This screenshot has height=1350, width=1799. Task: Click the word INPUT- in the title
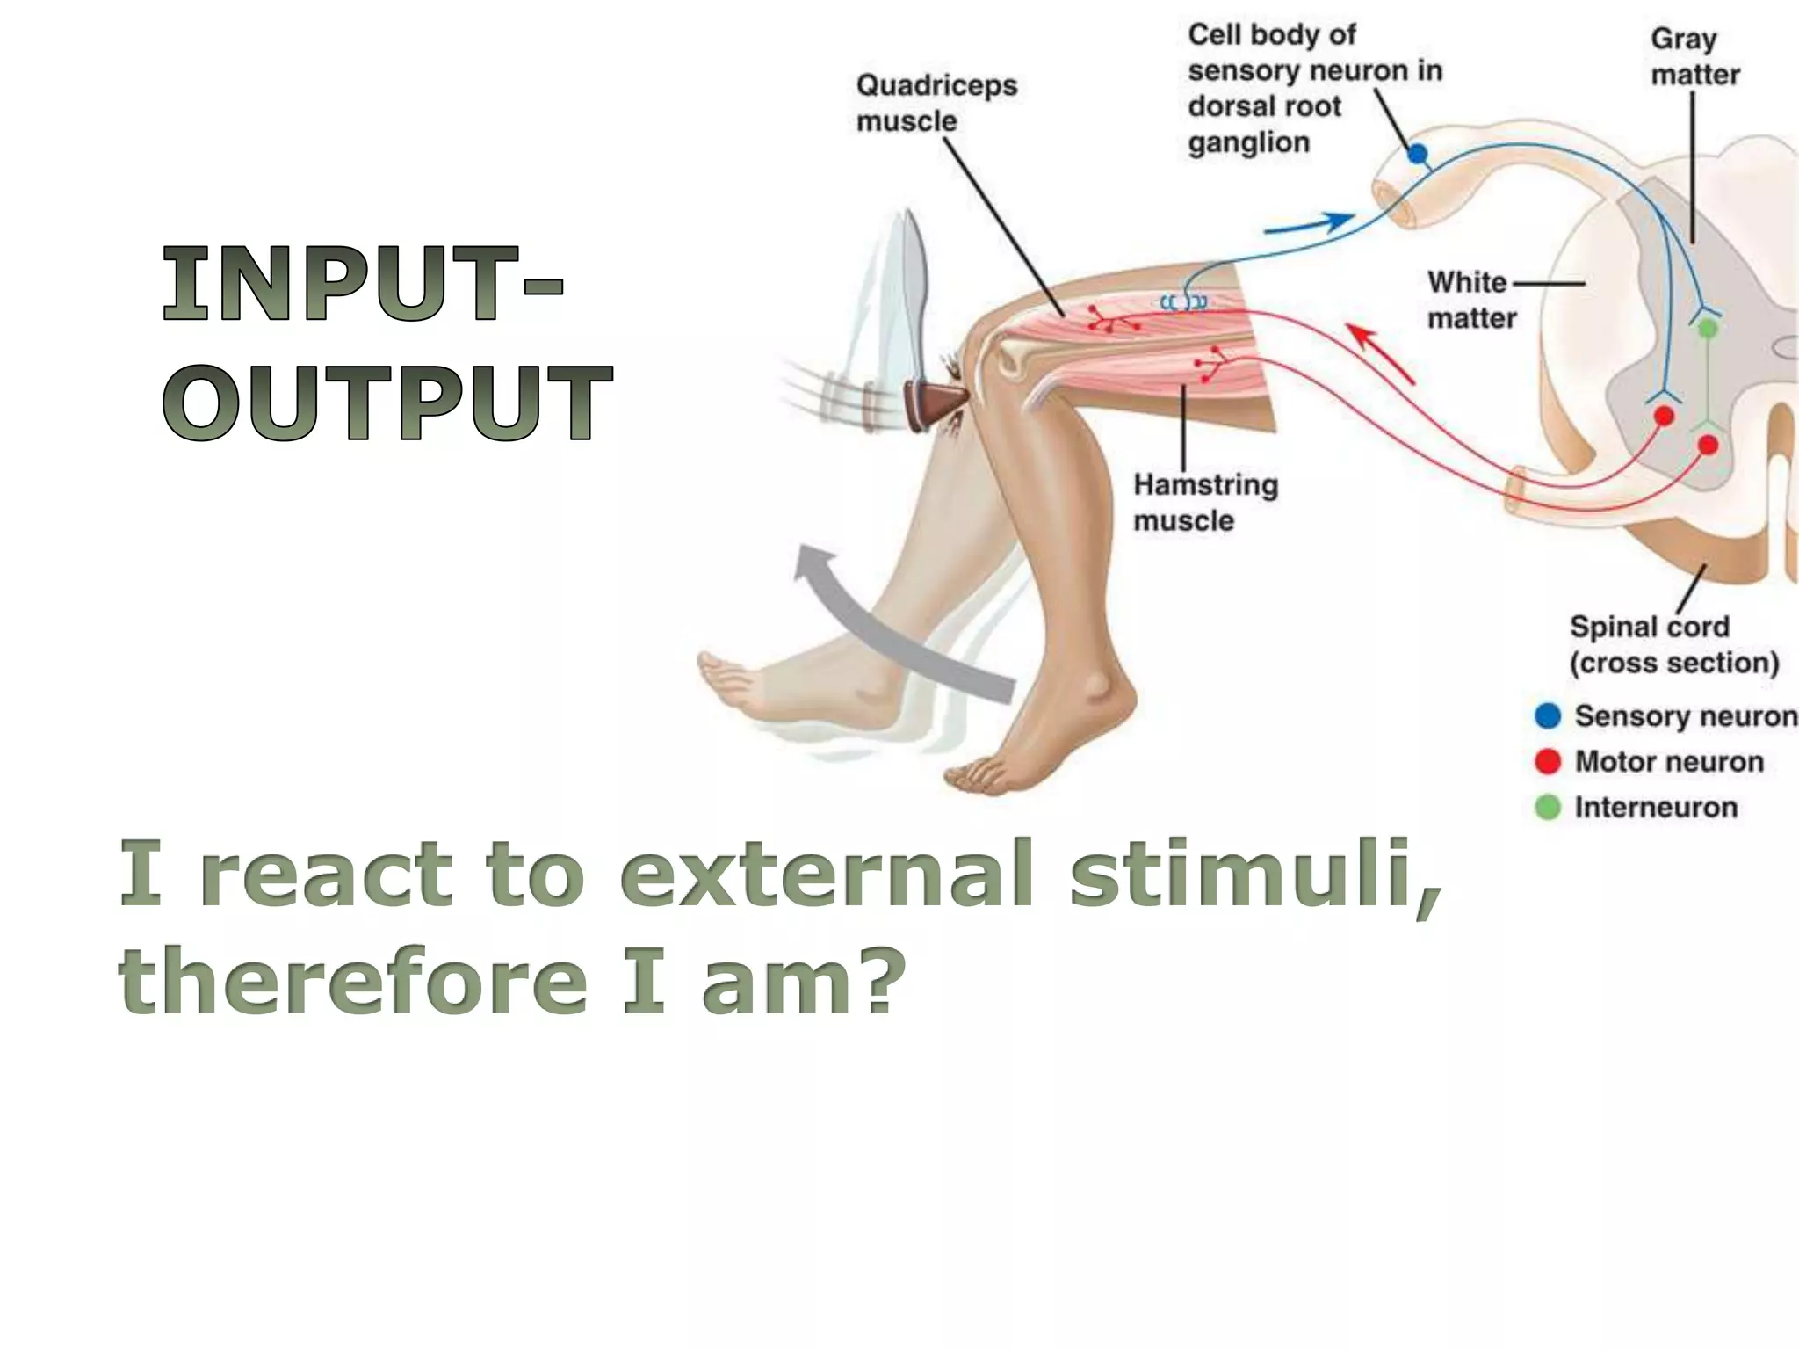pos(362,284)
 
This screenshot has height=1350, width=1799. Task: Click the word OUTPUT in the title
pos(387,402)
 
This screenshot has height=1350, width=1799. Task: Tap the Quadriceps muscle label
pos(936,103)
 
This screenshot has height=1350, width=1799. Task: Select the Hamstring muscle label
pos(1204,502)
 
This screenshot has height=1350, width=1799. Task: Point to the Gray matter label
pos(1694,57)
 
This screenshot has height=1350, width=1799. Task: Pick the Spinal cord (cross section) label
pos(1673,644)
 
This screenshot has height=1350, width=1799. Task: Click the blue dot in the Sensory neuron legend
pos(1547,715)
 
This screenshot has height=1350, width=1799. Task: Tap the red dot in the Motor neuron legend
pos(1547,761)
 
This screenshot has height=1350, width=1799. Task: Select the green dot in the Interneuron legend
pos(1547,807)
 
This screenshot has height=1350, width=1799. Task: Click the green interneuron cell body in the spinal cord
pos(1707,329)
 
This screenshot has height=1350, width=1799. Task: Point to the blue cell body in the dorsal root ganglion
pos(1418,155)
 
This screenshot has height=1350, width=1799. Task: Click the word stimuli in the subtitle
pos(1255,875)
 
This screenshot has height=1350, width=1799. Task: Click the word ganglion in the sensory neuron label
pos(1248,142)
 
